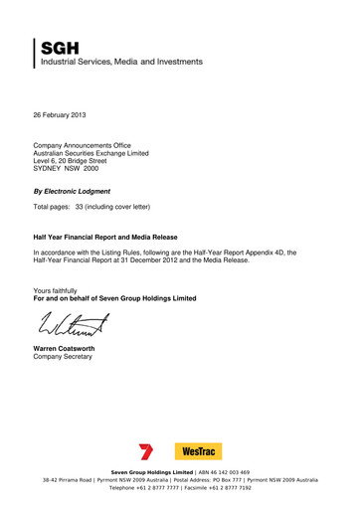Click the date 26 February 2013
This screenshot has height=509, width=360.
click(x=61, y=117)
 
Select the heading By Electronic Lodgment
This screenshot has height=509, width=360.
click(x=72, y=190)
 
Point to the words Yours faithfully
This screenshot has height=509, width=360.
click(x=56, y=290)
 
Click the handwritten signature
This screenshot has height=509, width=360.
click(x=75, y=323)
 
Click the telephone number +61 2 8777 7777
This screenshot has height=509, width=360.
click(x=161, y=488)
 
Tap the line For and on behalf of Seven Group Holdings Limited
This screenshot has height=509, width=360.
click(x=114, y=298)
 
